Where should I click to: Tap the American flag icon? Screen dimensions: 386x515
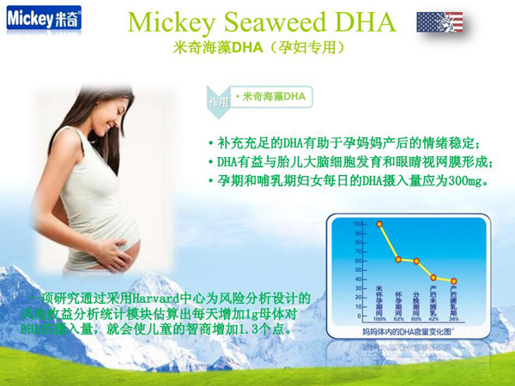[439, 22]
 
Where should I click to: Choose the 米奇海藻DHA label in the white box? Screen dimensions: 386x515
[272, 96]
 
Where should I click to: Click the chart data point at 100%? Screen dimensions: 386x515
[380, 224]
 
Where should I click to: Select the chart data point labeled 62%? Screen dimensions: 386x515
[398, 259]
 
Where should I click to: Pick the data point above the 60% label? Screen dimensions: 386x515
[417, 261]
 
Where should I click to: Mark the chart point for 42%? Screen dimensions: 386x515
[434, 277]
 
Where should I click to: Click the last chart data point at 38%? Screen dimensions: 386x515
[453, 280]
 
